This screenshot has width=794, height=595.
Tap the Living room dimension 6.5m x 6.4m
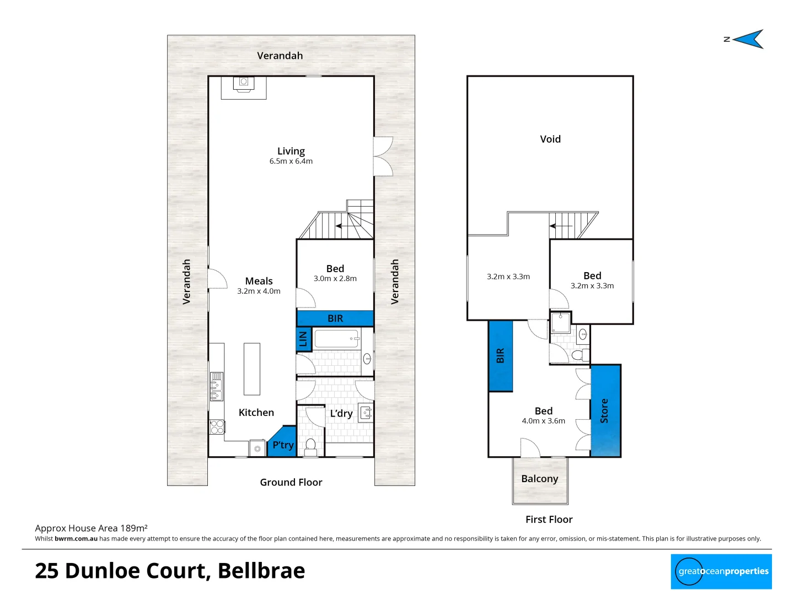[291, 161]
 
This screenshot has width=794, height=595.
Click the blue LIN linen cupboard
[303, 339]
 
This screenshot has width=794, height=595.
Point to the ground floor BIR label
[335, 318]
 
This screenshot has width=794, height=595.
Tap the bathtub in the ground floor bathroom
[337, 338]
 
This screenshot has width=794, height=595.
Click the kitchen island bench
[252, 369]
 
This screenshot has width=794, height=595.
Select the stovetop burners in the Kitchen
[217, 427]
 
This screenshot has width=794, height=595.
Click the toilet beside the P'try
[310, 445]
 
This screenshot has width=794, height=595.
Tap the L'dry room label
[341, 413]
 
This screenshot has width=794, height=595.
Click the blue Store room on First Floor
[605, 410]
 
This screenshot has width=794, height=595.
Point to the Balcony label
[539, 479]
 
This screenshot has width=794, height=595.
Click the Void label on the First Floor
[550, 139]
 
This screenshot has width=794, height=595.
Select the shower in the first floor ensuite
[561, 323]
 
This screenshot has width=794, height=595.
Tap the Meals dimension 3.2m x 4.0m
[259, 291]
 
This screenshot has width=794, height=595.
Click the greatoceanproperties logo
[721, 571]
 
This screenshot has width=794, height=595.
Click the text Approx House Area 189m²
[91, 528]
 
